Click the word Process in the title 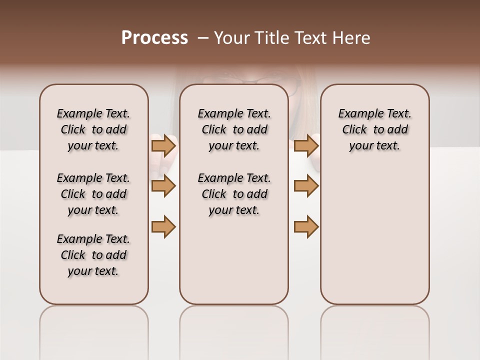[x=154, y=37]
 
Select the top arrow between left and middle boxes [x=163, y=145]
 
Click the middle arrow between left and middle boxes [x=163, y=186]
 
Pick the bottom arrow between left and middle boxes [x=163, y=226]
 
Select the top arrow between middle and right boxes [x=306, y=145]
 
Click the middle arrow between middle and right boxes [x=306, y=186]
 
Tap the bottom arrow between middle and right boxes [x=306, y=226]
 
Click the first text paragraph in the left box [x=93, y=129]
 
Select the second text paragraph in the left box [x=93, y=194]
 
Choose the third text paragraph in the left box [x=93, y=255]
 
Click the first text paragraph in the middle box [x=234, y=129]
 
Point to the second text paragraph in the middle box [x=234, y=194]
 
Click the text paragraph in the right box [x=374, y=129]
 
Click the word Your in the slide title [x=232, y=37]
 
